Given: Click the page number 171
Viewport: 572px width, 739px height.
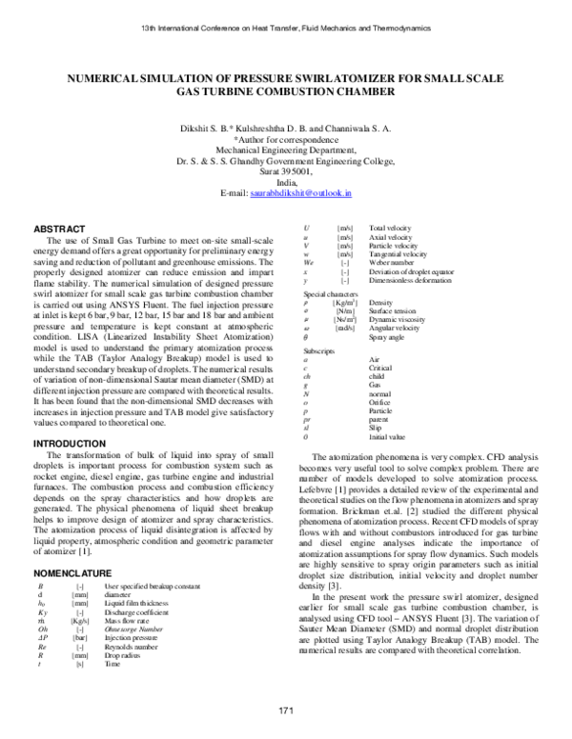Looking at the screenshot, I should click(285, 712).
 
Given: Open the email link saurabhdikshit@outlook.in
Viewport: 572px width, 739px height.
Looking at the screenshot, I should click(301, 192).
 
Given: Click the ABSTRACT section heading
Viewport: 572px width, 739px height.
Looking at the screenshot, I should click(58, 230).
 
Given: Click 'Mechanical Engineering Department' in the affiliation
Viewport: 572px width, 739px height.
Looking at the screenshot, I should click(286, 150).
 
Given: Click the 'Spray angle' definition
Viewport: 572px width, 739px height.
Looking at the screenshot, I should click(387, 338).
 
